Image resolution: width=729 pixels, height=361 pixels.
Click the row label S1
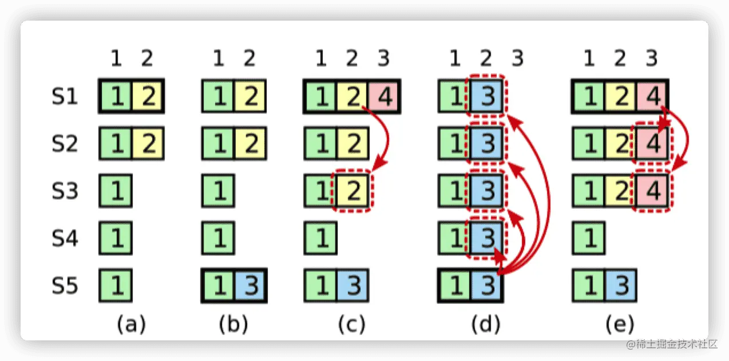click(x=65, y=96)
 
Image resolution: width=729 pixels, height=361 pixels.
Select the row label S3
click(x=65, y=191)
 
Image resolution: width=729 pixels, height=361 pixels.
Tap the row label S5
click(x=65, y=286)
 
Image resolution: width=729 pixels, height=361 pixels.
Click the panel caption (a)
click(x=132, y=324)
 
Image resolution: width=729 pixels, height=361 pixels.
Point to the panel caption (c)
click(x=352, y=324)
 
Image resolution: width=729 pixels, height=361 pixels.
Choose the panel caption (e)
click(x=620, y=324)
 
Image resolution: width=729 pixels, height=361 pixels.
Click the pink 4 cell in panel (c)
click(x=384, y=96)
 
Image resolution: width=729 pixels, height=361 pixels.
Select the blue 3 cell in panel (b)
click(x=250, y=286)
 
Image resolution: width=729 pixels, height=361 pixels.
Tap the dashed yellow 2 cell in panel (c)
click(x=352, y=191)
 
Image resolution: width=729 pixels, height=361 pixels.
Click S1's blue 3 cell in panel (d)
click(x=486, y=96)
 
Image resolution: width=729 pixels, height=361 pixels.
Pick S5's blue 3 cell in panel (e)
click(x=620, y=286)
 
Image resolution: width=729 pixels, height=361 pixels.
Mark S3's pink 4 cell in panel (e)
click(x=652, y=191)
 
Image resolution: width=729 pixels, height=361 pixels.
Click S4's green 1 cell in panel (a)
click(x=116, y=238)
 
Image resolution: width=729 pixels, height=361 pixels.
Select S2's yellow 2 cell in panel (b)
click(x=250, y=144)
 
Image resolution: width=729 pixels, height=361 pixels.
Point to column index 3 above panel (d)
click(x=517, y=58)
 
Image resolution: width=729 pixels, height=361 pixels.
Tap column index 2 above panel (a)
click(x=147, y=58)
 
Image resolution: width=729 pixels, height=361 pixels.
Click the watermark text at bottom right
click(x=672, y=344)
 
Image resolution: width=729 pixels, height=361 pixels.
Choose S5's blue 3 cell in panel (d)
click(x=486, y=286)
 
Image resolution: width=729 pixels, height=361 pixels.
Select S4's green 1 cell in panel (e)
click(x=588, y=238)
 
